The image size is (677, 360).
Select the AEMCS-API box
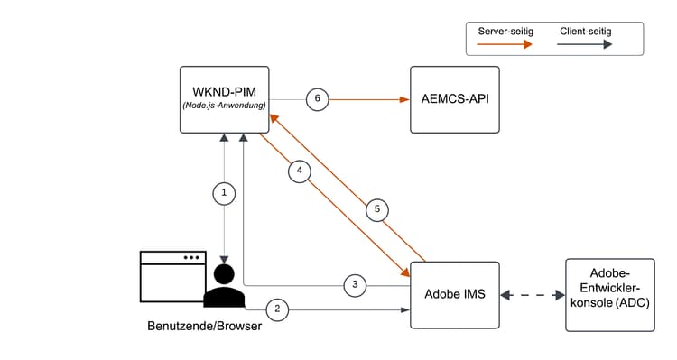point(454,99)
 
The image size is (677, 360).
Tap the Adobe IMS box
point(454,294)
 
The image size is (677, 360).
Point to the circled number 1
point(224,192)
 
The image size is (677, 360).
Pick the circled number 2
point(277,309)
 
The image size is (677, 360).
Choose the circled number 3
point(355,285)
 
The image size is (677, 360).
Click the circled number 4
point(301,169)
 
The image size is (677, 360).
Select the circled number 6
point(317,98)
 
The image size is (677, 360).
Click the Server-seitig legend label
point(505,32)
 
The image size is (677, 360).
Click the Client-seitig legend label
point(586,32)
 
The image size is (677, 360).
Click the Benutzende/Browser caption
point(204,326)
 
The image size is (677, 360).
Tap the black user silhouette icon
point(224,288)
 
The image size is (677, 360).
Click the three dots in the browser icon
point(190,257)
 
